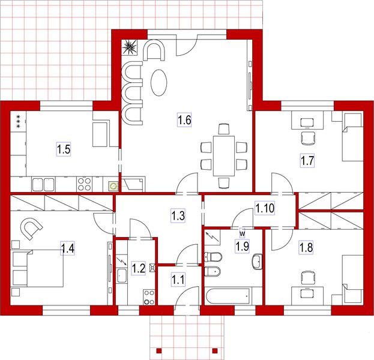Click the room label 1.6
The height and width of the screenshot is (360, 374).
tap(184, 120)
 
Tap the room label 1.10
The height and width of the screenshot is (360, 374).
tap(265, 208)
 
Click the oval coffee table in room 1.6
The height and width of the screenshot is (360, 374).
tap(159, 82)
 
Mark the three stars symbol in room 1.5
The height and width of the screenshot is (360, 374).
tap(19, 120)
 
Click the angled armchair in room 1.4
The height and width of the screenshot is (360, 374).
tap(30, 227)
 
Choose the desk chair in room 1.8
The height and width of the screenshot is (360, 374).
tap(308, 278)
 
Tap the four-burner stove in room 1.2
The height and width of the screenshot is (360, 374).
tap(148, 296)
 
